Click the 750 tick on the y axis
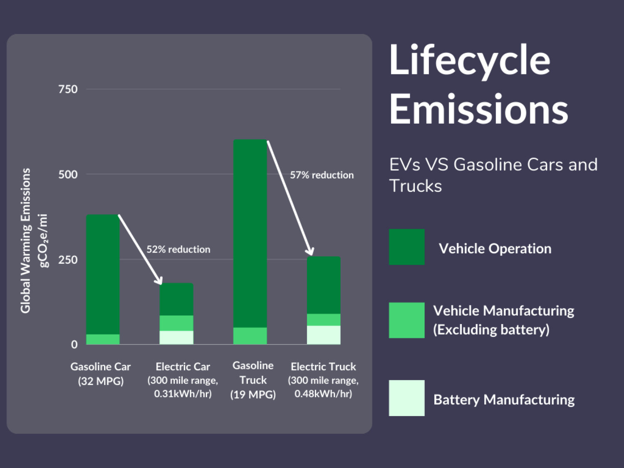[68, 89]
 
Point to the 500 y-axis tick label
[68, 174]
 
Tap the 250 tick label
[68, 260]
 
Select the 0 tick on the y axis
[74, 344]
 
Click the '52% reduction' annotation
[178, 249]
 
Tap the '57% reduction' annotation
[322, 175]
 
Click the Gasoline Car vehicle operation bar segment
[103, 275]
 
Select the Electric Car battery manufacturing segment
[176, 337]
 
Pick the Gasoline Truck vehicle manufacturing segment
[250, 336]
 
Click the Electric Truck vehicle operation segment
[324, 285]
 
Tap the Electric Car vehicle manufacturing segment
[176, 323]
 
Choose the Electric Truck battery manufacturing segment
[324, 335]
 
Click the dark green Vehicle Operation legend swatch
[407, 247]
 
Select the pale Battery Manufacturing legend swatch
[407, 398]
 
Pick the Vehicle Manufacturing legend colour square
[407, 320]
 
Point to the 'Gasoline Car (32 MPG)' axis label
[101, 374]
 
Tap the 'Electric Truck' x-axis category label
[323, 366]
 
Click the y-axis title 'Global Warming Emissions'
[26, 241]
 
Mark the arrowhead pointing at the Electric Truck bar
[310, 251]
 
